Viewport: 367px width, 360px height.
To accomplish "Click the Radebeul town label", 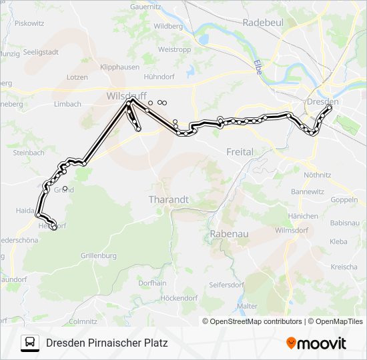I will click(264, 22).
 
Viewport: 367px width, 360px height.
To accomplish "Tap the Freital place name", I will click(240, 152).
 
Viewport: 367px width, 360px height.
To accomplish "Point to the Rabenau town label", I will click(229, 234).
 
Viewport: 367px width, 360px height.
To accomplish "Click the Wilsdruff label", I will click(126, 97).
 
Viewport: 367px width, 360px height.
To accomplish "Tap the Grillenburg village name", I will click(98, 255).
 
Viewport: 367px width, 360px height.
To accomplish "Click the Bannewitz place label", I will click(307, 192).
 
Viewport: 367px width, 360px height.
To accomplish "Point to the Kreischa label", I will click(344, 267).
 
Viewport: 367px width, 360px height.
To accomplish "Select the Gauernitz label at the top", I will click(147, 7).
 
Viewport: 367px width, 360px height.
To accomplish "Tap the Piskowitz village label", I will click(29, 23).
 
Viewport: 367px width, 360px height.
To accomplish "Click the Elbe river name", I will click(258, 67).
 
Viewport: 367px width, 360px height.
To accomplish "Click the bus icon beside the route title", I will click(29, 343).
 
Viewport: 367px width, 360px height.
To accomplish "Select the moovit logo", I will click(316, 343).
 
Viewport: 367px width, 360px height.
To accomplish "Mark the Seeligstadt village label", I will click(41, 51).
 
